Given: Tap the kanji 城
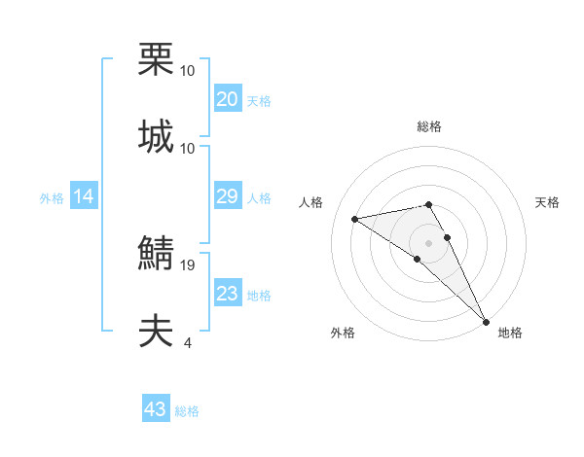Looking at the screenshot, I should coord(156,136).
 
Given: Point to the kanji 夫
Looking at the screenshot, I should coord(156,332).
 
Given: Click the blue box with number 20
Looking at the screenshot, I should coord(227,99).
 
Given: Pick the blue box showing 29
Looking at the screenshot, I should coord(227,197).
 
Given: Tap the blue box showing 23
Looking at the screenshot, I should coord(227,295).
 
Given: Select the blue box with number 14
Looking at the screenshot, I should coord(84,197).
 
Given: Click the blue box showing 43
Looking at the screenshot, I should coord(155,409).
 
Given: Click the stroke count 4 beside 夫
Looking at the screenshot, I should coord(187,342).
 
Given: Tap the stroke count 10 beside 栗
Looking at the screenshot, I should coord(187,71).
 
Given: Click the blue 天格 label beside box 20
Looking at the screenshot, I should coord(259,100).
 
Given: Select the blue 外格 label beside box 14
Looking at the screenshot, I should coord(52,198).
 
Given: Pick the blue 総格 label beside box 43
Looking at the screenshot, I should coord(187,410).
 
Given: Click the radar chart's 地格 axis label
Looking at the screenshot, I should coord(510,333).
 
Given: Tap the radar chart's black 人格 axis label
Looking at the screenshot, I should coord(310,202).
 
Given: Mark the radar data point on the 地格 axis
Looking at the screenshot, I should coord(486,320).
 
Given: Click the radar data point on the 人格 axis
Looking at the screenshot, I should coord(356,219).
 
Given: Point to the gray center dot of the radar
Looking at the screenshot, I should coord(428,241).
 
